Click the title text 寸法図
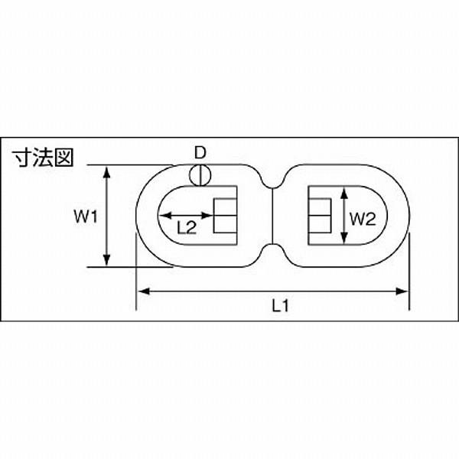click(x=42, y=158)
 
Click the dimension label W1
click(x=85, y=217)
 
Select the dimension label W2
click(x=363, y=219)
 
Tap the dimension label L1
click(x=281, y=306)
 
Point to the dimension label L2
click(x=187, y=228)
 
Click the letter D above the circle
click(x=200, y=153)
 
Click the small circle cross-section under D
click(x=200, y=175)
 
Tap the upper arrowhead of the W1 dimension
click(x=107, y=172)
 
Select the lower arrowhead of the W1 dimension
click(x=107, y=260)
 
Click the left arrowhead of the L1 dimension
click(x=144, y=291)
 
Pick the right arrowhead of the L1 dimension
click(x=402, y=291)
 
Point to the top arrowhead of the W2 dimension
click(x=344, y=194)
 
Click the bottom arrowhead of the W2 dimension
click(x=344, y=237)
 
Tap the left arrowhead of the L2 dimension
click(x=166, y=216)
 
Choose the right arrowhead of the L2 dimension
click(x=206, y=216)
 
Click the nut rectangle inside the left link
click(x=225, y=216)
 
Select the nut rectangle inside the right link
click(x=320, y=216)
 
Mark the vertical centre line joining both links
click(x=272, y=216)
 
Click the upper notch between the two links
click(x=272, y=181)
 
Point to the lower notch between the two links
click(x=272, y=249)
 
